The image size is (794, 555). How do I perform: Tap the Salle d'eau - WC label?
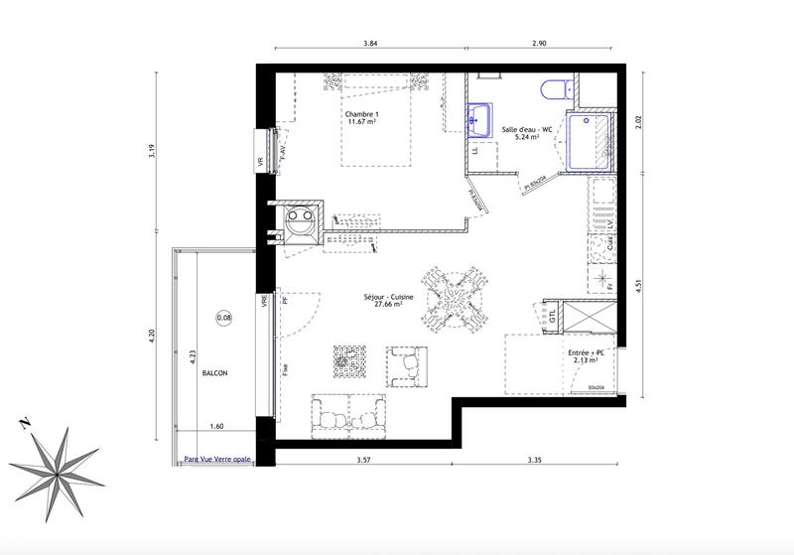520,130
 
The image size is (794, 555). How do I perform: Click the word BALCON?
214,373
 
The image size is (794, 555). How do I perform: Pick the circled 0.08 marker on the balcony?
224,318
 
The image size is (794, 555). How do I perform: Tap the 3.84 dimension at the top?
370,44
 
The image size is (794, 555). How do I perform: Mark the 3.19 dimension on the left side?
151,151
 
